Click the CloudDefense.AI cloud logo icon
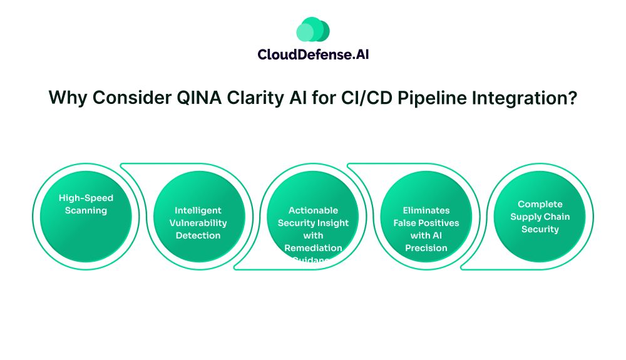point(313,29)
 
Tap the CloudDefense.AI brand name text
point(313,54)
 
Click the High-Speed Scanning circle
point(86,217)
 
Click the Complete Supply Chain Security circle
point(540,217)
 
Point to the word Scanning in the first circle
point(86,210)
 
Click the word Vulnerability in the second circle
point(198,223)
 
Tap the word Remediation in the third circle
point(313,248)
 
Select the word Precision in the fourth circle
point(426,248)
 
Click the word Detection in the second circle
point(198,235)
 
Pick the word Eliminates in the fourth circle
point(426,210)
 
